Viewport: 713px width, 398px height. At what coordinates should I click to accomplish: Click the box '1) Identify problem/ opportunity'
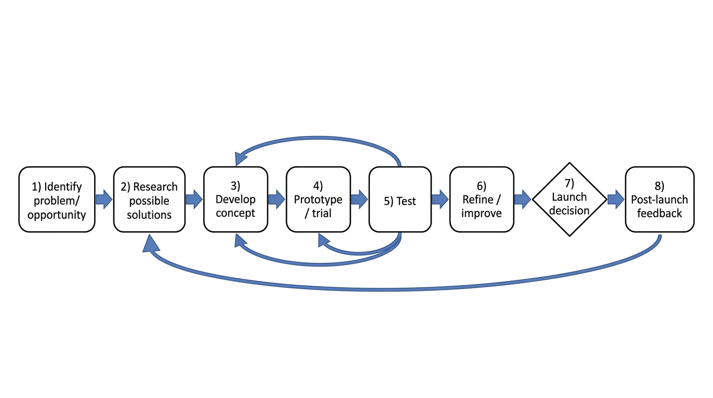[57, 200]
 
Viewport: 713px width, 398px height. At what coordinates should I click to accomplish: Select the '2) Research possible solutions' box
[149, 200]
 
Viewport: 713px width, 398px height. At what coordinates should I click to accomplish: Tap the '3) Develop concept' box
[236, 200]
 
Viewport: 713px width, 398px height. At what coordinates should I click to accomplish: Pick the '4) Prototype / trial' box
[318, 200]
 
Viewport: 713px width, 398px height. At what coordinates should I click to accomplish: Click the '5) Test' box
[400, 200]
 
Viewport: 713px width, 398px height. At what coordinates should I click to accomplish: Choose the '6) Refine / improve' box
[481, 200]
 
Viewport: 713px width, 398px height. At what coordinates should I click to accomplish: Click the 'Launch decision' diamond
[569, 200]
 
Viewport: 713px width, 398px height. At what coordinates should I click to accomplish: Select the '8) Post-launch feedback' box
[660, 200]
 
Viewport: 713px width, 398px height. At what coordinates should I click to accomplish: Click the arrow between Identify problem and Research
[104, 200]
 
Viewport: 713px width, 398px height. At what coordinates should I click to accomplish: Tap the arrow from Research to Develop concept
[194, 200]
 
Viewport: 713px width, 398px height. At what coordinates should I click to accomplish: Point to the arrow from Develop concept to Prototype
[277, 200]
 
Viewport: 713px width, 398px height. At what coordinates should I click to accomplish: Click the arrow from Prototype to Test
[360, 200]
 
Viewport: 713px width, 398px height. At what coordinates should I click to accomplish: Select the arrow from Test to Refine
[440, 200]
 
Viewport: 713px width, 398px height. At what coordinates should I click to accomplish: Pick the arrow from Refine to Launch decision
[523, 200]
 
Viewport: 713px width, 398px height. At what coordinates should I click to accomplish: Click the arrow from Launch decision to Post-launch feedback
[616, 200]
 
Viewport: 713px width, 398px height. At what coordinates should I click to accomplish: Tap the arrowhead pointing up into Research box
[150, 244]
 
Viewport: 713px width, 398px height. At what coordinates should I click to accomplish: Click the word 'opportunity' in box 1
[56, 215]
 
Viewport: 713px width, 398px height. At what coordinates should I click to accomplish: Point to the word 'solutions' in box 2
[149, 215]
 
